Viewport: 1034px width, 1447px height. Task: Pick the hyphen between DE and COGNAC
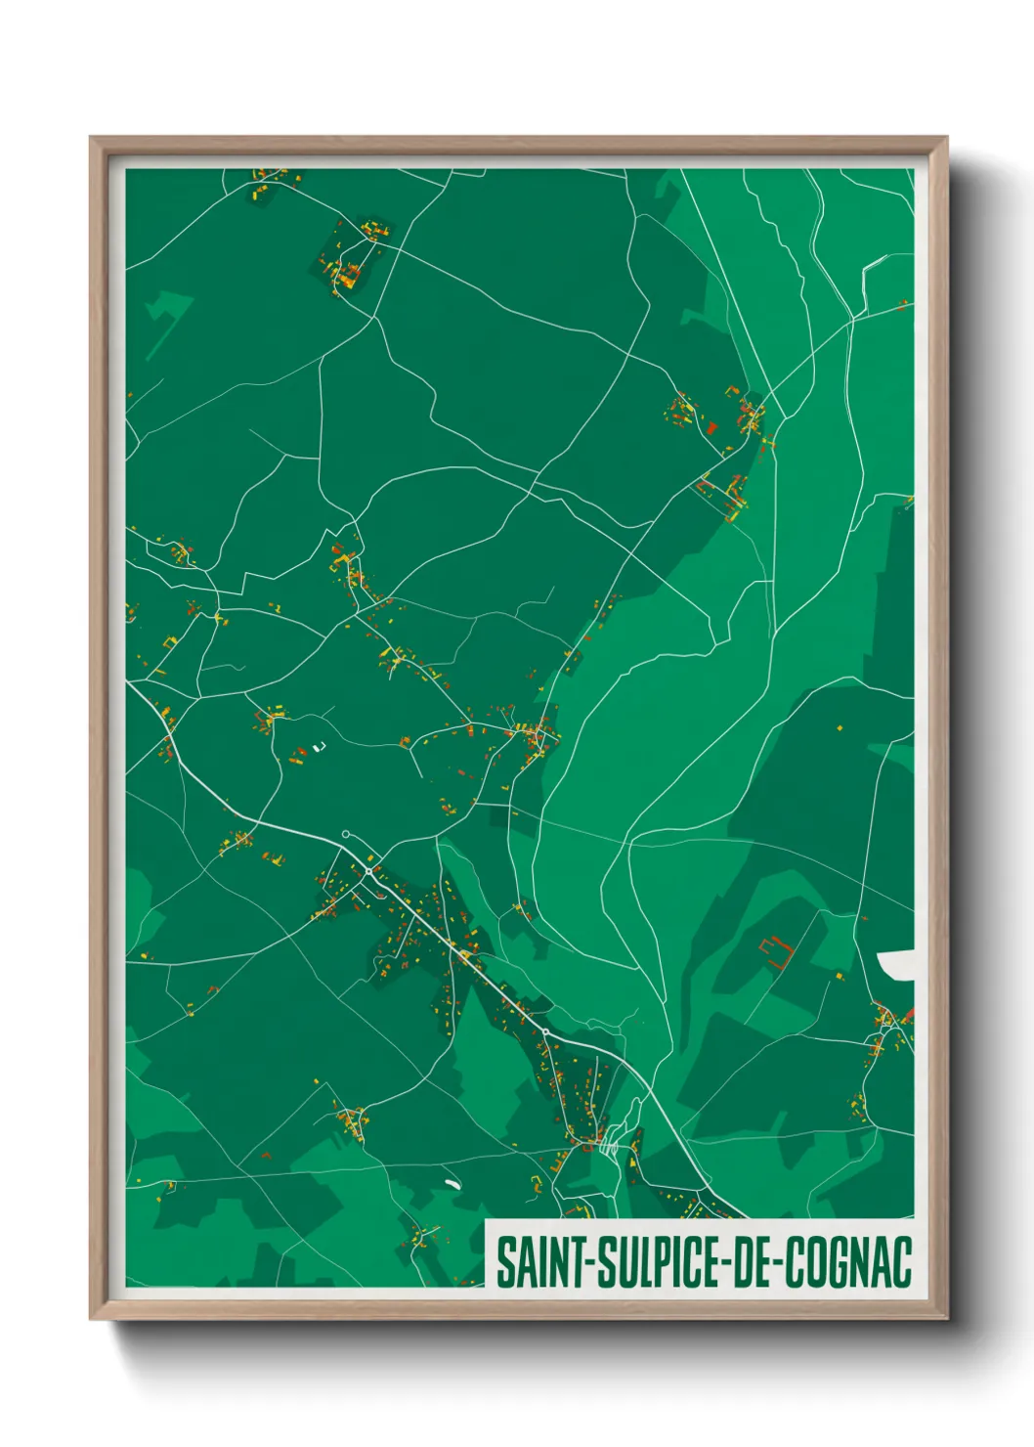click(777, 1264)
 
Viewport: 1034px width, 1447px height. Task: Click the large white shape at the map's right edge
click(896, 965)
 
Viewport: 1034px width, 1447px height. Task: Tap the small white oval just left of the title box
click(452, 1184)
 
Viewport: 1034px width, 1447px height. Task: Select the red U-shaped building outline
click(775, 950)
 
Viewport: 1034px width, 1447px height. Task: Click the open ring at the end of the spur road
click(345, 834)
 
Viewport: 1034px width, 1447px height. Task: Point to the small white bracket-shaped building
click(317, 748)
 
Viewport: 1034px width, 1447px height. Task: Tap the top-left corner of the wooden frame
click(92, 139)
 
